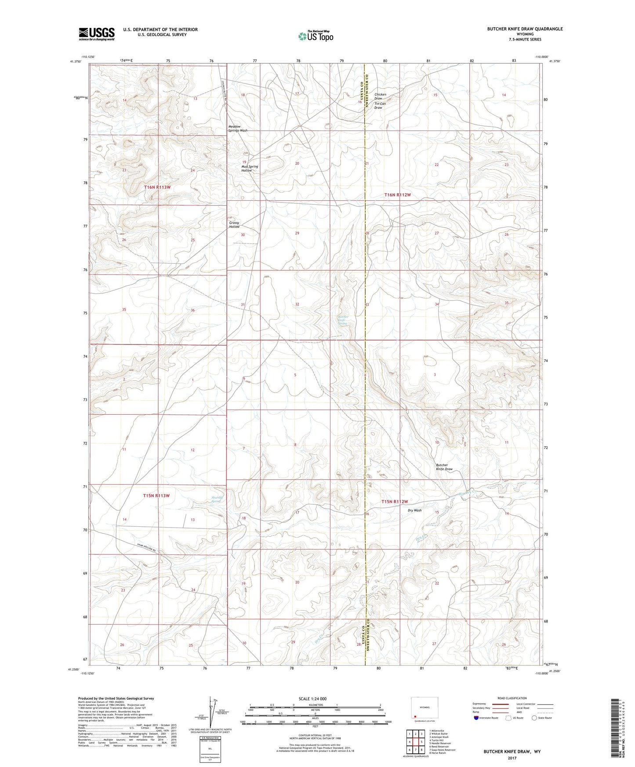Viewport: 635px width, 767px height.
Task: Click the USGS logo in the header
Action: (x=97, y=33)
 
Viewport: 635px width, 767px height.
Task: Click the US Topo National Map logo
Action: (x=315, y=36)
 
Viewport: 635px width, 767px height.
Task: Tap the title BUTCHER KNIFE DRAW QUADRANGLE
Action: (x=524, y=29)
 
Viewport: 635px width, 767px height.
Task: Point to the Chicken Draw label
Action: (x=380, y=96)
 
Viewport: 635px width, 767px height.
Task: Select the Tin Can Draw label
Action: (x=380, y=106)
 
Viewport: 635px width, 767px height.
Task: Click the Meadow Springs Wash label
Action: (x=238, y=129)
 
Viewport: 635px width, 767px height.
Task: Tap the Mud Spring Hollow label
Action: (x=249, y=168)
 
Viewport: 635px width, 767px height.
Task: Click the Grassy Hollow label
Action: (x=234, y=224)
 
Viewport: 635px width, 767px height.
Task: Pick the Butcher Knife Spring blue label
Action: (x=343, y=320)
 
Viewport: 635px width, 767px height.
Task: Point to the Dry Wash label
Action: (x=414, y=510)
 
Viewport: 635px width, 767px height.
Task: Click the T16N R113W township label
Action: (x=157, y=187)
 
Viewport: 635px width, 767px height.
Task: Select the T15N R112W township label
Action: (x=395, y=502)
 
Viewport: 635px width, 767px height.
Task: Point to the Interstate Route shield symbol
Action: (x=476, y=717)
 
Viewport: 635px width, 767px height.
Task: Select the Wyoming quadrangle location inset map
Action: (x=424, y=709)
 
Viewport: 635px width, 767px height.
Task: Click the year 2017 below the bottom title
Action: (x=512, y=758)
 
